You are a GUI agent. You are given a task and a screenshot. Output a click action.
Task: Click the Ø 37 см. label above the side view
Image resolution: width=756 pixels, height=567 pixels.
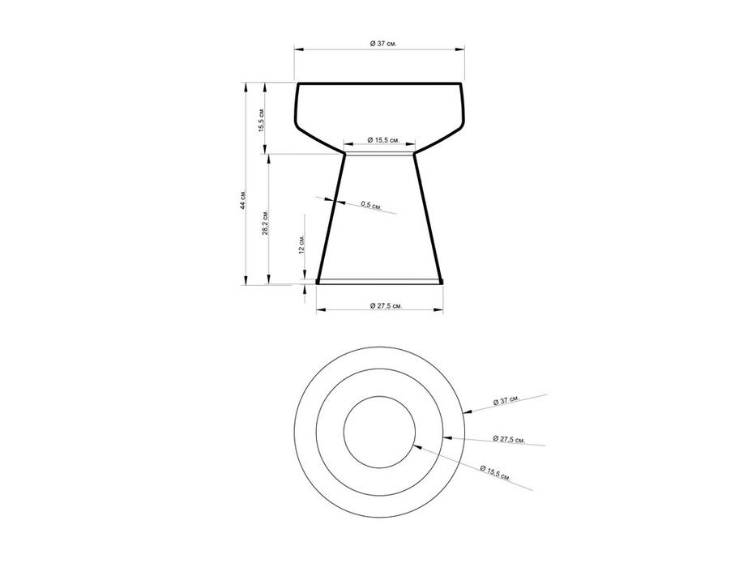click(x=383, y=44)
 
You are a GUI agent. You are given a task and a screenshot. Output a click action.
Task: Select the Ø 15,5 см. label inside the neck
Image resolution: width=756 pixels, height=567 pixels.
click(x=383, y=140)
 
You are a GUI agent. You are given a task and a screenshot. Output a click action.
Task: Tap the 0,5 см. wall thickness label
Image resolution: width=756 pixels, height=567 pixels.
click(x=371, y=206)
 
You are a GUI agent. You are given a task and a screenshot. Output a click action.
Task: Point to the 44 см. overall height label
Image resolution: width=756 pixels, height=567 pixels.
click(x=244, y=199)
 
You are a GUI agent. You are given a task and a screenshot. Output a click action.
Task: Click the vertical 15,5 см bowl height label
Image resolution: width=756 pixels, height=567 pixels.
click(x=262, y=121)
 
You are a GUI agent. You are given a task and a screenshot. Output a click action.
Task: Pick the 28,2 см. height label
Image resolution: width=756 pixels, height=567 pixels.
click(x=265, y=223)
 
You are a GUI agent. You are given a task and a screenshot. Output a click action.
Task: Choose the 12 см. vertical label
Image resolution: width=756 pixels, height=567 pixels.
click(x=301, y=245)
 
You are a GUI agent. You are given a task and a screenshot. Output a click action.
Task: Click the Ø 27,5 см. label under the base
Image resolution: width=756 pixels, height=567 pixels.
click(x=385, y=305)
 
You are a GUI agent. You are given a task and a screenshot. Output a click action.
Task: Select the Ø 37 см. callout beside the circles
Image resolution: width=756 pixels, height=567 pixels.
click(x=506, y=400)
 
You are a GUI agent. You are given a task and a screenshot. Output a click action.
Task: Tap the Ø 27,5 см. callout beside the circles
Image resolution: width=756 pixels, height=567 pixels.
click(x=509, y=439)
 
